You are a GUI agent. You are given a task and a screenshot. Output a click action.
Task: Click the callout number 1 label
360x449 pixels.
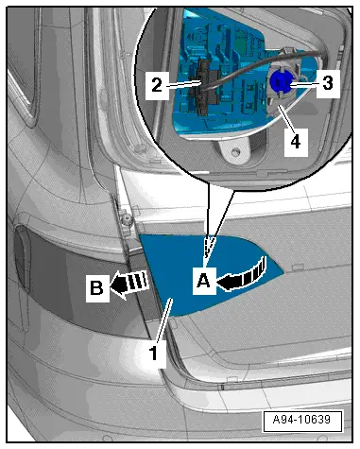[153, 354]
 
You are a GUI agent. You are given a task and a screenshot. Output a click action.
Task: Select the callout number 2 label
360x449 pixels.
[157, 86]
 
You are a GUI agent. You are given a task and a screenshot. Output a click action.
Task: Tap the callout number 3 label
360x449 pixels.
[328, 84]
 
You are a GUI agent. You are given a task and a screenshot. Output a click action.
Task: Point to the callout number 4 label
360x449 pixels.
[296, 143]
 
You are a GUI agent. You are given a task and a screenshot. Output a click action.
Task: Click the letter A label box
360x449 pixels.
[204, 281]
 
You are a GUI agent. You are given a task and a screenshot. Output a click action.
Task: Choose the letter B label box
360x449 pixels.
[97, 288]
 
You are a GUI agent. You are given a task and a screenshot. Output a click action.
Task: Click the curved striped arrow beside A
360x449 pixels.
[244, 275]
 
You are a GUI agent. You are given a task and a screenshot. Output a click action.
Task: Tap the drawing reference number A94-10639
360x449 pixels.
[302, 420]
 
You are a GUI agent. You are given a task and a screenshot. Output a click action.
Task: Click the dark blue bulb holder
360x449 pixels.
[282, 82]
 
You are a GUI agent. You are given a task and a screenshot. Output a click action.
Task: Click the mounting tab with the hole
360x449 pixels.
[233, 152]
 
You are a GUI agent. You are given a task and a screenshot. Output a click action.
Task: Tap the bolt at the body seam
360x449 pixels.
[127, 218]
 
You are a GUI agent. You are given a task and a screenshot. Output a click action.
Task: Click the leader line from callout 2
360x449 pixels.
[183, 84]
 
